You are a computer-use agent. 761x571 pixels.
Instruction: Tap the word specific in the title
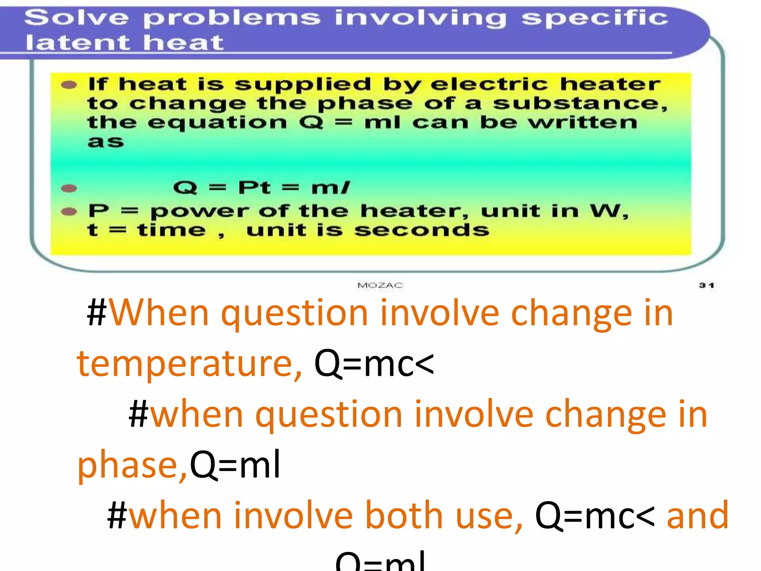(x=595, y=19)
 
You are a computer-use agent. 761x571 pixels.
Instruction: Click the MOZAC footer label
(x=380, y=285)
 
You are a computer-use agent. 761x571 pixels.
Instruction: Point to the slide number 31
(x=706, y=285)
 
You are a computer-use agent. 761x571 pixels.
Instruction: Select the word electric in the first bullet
(x=489, y=84)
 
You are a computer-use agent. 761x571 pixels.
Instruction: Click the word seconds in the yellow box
(x=422, y=230)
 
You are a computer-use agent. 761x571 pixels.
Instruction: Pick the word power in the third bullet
(x=200, y=212)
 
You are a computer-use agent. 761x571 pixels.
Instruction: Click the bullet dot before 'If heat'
(x=69, y=85)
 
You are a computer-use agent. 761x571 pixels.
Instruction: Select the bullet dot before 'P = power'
(x=69, y=212)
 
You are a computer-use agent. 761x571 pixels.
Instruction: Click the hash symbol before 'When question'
(x=97, y=313)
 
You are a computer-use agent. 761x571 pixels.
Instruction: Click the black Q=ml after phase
(x=235, y=465)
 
